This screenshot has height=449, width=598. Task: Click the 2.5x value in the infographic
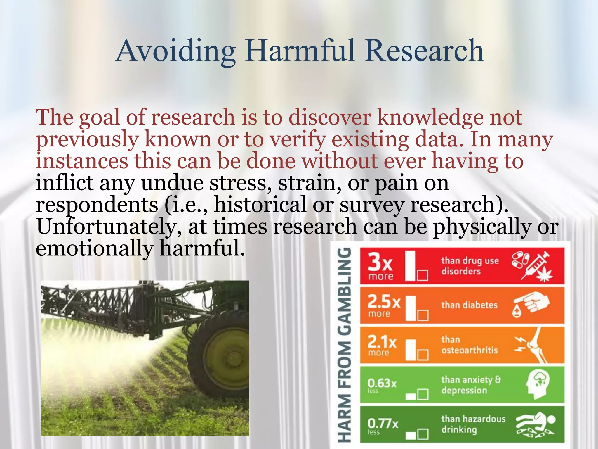click(384, 302)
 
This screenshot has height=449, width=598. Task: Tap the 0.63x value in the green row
click(382, 383)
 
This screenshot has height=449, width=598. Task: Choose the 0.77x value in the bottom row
click(383, 423)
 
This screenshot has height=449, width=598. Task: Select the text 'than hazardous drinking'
click(473, 424)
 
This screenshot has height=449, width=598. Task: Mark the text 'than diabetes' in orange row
click(469, 305)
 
